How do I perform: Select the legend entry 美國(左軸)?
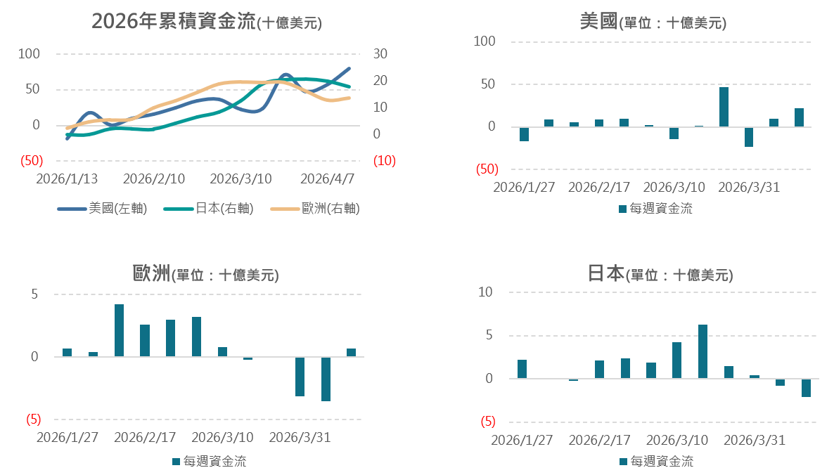coord(102,208)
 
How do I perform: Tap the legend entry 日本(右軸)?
coord(208,208)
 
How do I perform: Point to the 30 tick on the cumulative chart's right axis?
coord(380,54)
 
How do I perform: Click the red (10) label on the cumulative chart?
coord(384,161)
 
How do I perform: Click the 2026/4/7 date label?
coord(326,178)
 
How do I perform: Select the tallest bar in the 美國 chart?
coord(724,107)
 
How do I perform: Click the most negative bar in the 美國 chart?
coord(749,137)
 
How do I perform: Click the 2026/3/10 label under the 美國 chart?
coord(674,188)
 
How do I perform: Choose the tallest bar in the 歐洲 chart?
coord(120,330)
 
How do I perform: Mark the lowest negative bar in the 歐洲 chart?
coord(326,379)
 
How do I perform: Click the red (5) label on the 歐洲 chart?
coord(33,419)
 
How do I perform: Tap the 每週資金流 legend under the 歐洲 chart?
coord(209,462)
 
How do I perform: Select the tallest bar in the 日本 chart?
coord(703,351)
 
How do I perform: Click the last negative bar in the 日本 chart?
coord(806,388)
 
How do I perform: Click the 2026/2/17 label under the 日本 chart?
coord(599,441)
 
